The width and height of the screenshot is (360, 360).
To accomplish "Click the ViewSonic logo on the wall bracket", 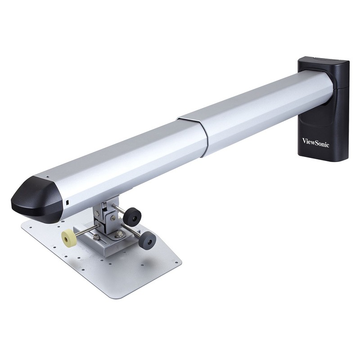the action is tap(315, 142).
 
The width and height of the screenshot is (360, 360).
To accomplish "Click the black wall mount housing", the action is tap(324, 108).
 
